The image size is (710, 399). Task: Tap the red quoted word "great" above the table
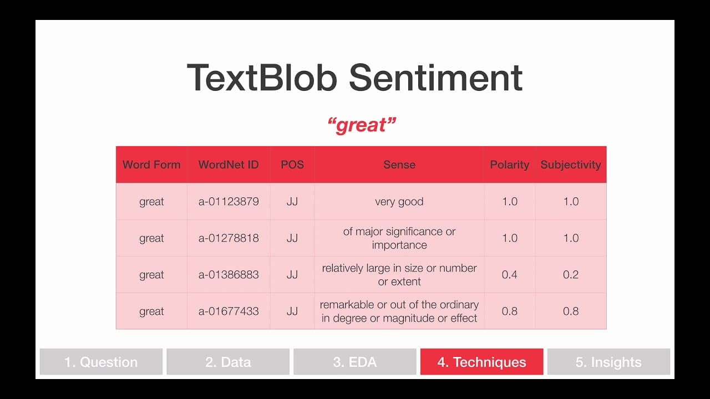[x=362, y=125]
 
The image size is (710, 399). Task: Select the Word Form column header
[x=151, y=165]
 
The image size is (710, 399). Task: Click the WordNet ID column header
[x=229, y=165]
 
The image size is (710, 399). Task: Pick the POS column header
[x=292, y=165]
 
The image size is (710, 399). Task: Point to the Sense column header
[x=399, y=165]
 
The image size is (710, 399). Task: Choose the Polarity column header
[x=510, y=165]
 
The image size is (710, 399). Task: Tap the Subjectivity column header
[x=571, y=165]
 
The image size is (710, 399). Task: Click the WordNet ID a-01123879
[x=229, y=201]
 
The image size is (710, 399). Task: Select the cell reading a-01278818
[x=229, y=238]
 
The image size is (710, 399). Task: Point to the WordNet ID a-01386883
[x=229, y=274]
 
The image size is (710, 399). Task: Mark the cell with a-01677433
[x=229, y=311]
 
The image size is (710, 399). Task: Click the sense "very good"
[x=399, y=202]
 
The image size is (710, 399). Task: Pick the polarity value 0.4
[x=510, y=274]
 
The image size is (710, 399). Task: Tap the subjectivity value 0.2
[x=571, y=274]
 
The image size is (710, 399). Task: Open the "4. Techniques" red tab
[x=482, y=362]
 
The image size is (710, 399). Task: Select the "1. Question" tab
[x=101, y=362]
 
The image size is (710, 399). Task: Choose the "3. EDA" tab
[x=355, y=362]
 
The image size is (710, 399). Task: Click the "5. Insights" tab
[x=608, y=362]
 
